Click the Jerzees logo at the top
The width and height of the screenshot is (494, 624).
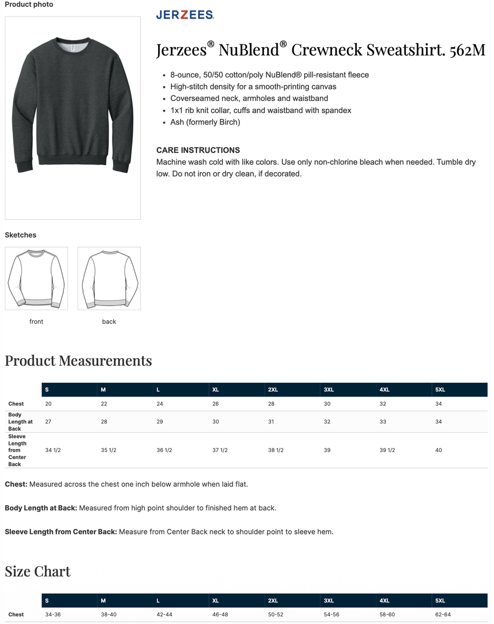(x=185, y=15)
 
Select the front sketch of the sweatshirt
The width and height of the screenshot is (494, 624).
(x=36, y=278)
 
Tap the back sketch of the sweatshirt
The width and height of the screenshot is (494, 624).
(x=109, y=278)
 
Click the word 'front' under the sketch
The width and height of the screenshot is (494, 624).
(x=36, y=321)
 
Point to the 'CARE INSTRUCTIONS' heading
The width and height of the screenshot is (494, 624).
(x=198, y=150)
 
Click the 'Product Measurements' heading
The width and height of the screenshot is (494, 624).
(x=78, y=361)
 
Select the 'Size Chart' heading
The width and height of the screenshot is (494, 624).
(x=38, y=571)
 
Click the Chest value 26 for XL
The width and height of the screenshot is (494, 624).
(x=216, y=404)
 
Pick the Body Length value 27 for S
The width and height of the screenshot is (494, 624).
(x=48, y=422)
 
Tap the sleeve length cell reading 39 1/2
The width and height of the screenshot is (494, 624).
(x=387, y=450)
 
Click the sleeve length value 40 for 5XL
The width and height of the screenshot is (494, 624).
(x=439, y=450)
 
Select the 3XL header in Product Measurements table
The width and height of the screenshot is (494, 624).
(x=329, y=389)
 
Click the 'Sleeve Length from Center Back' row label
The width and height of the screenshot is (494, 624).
(x=18, y=450)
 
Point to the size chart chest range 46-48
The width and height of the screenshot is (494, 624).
(x=220, y=615)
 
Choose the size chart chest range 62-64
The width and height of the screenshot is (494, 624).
(x=443, y=615)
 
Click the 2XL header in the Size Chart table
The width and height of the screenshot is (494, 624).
(x=273, y=600)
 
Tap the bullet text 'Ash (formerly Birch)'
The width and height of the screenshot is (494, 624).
(x=205, y=122)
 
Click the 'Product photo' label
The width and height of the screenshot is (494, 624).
(x=29, y=4)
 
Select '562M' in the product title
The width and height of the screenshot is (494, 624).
(x=468, y=50)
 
